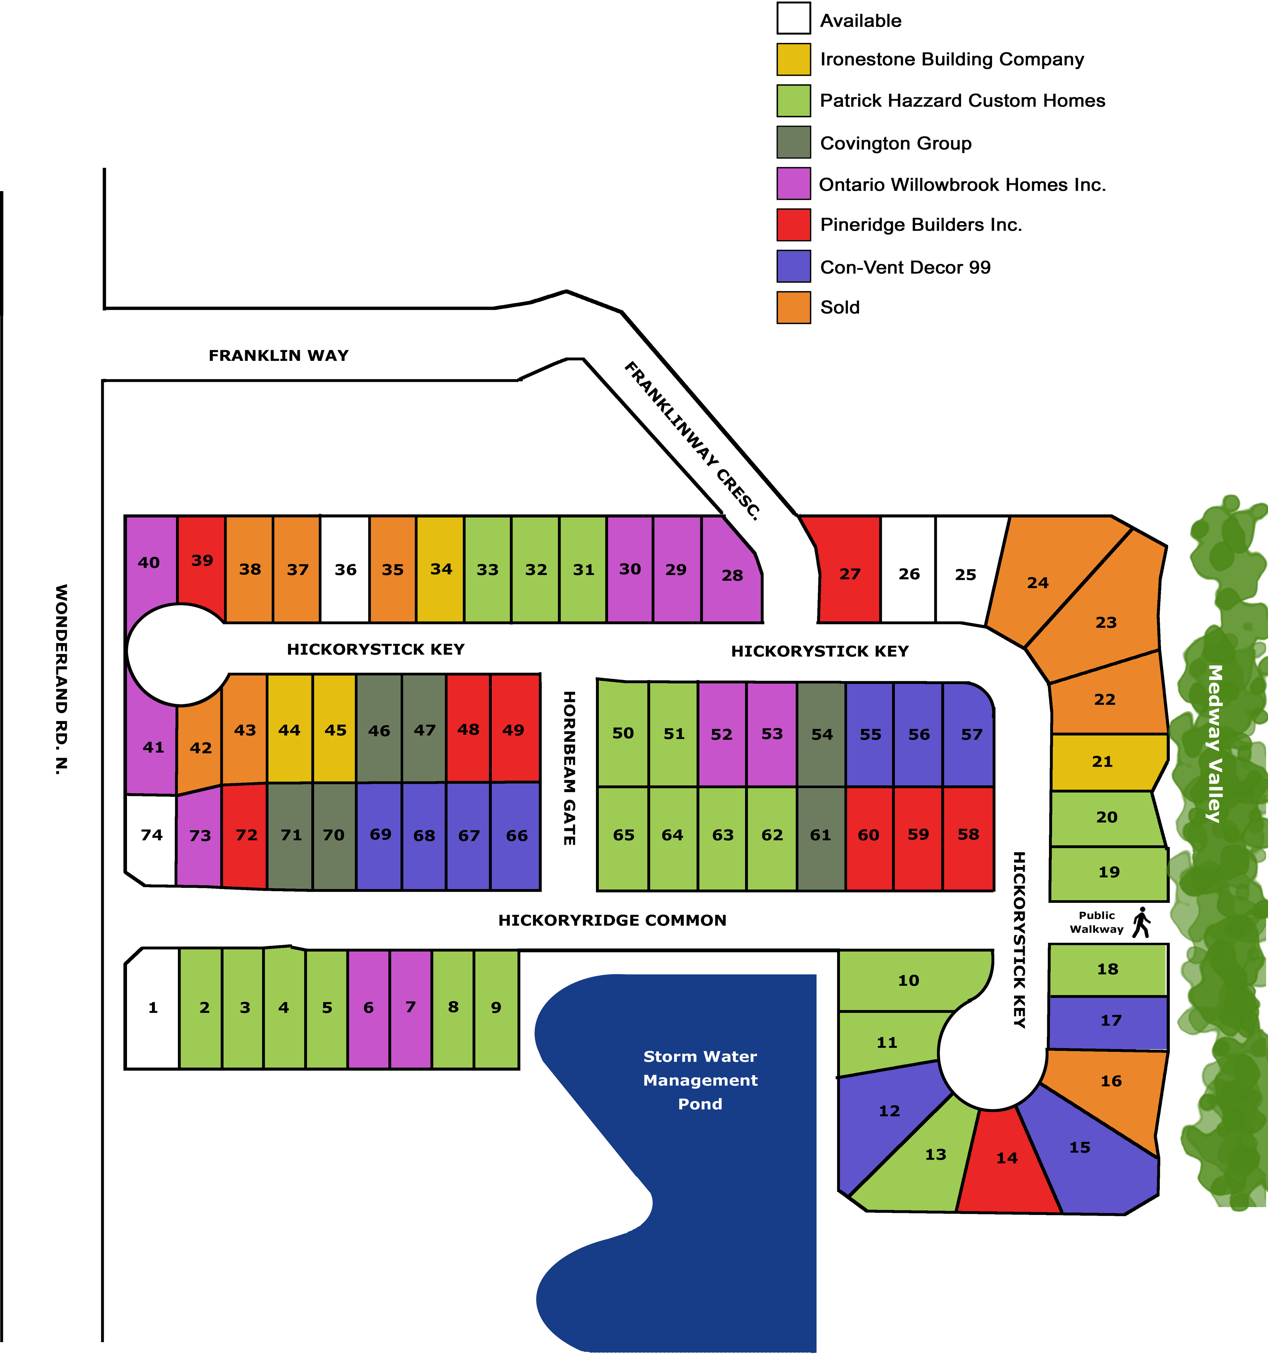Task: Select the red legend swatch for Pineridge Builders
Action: click(x=794, y=225)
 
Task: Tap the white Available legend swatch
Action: click(x=794, y=19)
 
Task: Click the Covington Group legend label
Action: click(x=895, y=143)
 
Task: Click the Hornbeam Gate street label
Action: click(x=570, y=768)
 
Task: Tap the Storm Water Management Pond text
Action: click(x=700, y=1080)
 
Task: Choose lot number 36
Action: click(x=345, y=569)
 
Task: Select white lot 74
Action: click(x=151, y=835)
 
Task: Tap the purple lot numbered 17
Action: click(x=1111, y=1020)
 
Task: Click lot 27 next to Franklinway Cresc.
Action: click(x=850, y=574)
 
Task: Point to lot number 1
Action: click(x=153, y=1007)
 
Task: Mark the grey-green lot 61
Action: click(x=820, y=835)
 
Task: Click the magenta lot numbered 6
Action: click(x=368, y=1007)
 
